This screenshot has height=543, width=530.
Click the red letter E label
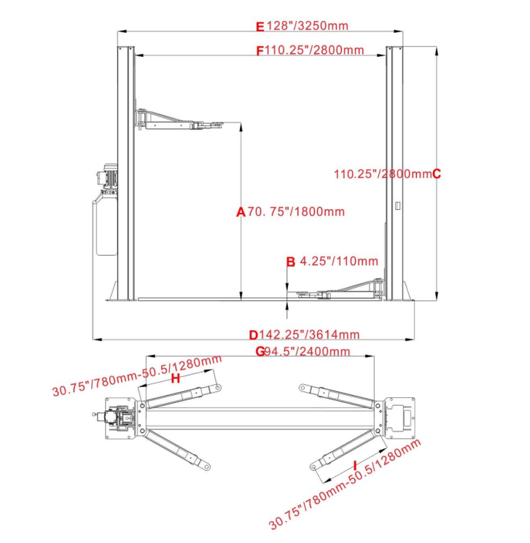click(260, 26)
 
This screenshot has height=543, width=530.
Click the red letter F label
click(260, 50)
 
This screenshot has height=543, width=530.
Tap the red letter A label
click(241, 212)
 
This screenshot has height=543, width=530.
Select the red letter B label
click(290, 261)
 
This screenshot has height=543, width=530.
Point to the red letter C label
click(437, 173)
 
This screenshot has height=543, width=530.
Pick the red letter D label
click(254, 335)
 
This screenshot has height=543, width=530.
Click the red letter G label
click(260, 351)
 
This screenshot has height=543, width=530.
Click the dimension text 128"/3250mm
click(307, 26)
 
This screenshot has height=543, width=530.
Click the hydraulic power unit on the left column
click(106, 211)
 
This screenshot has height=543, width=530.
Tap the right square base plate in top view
click(400, 418)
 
